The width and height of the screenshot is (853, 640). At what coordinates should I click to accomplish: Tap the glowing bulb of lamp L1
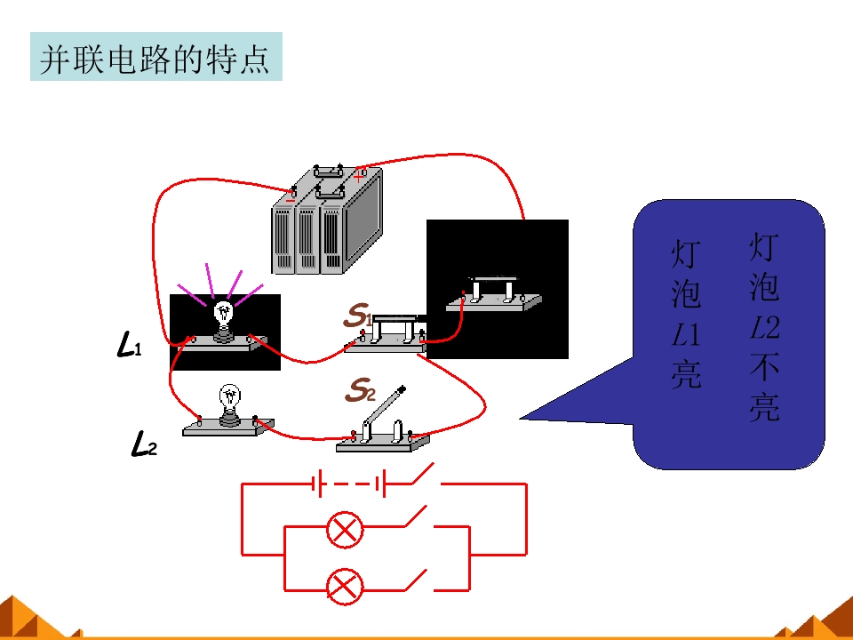pos(224,314)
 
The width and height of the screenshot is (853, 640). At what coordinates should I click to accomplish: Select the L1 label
pos(129,345)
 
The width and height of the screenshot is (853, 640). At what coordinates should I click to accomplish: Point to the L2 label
pos(144,443)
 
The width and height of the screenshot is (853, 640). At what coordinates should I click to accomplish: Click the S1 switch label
pos(358,315)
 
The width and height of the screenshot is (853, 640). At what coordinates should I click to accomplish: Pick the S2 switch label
pos(360,389)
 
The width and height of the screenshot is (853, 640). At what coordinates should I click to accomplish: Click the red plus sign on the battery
pos(358,176)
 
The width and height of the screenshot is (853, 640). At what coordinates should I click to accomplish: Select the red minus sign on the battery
pos(290,200)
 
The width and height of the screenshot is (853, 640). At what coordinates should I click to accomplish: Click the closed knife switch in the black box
pos(493,294)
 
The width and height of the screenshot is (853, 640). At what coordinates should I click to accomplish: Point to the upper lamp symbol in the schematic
pos(345,529)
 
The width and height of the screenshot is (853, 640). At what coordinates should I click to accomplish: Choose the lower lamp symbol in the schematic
pos(345,586)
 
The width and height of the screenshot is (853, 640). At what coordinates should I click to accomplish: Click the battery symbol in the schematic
pos(349,484)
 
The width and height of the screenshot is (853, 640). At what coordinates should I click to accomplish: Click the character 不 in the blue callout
pos(764,367)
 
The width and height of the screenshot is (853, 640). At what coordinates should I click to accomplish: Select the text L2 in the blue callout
pos(764,327)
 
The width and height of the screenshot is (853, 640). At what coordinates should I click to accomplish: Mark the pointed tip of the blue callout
pos(520,419)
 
